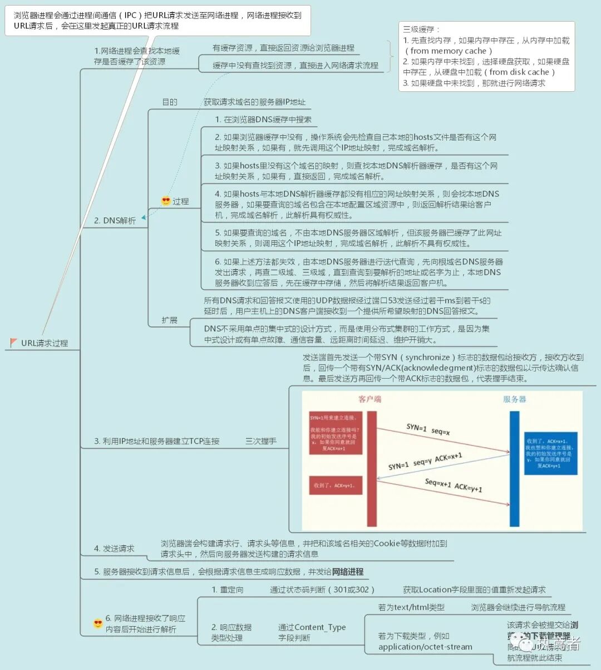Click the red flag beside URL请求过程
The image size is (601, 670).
(14, 343)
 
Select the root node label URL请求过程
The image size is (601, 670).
(45, 343)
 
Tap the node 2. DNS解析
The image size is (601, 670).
(115, 221)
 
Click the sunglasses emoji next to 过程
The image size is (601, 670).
(166, 201)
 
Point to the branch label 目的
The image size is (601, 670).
(170, 102)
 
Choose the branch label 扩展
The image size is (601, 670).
(170, 320)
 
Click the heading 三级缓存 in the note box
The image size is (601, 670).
(421, 29)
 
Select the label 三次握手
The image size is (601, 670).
(261, 441)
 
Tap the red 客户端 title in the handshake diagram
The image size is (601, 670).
(370, 399)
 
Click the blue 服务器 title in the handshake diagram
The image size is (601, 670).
(514, 399)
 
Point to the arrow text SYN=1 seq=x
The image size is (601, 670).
(428, 429)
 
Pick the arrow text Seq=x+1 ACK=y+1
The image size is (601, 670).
(454, 485)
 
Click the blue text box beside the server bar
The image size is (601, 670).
(550, 453)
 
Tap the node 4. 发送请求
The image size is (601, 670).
(114, 549)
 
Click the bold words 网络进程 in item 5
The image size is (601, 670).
(348, 572)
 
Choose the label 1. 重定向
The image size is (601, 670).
(228, 590)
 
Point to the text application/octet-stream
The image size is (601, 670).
(425, 647)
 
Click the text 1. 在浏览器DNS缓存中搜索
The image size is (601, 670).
(263, 120)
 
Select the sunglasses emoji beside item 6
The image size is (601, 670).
(98, 623)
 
